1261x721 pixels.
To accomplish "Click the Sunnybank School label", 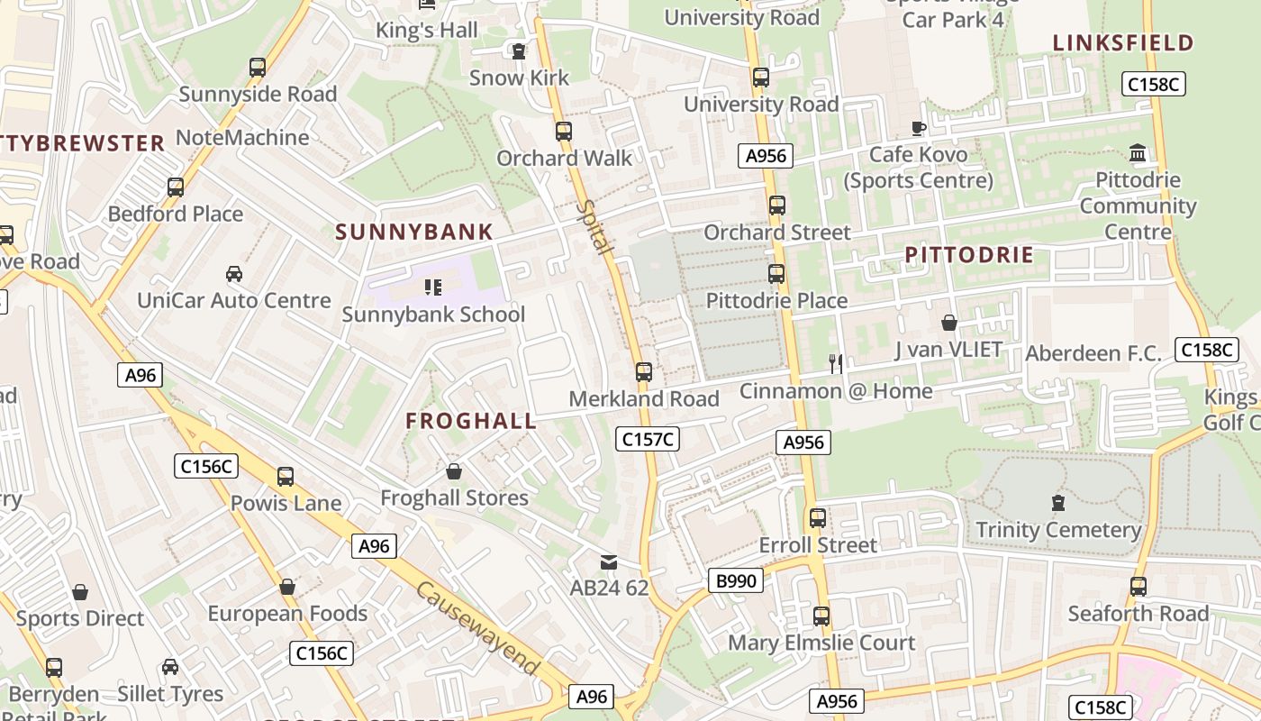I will coord(433,315).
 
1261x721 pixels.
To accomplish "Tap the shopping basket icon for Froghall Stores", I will coord(454,471).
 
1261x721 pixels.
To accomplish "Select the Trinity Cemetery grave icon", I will coord(1058,503).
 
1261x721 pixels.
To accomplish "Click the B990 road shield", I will coord(735,580).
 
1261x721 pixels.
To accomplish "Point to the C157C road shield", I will coord(648,439).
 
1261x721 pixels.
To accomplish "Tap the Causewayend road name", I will coord(477,628).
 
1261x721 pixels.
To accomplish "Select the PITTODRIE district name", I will coord(969,255).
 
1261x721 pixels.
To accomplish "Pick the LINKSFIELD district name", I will coord(1122,42).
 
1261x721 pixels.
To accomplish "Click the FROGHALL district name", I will coord(471,421).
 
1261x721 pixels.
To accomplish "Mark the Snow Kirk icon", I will coord(518,51).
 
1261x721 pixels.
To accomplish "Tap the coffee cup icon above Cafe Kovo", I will coord(918,128).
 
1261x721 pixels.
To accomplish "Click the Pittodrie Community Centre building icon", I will coord(1138,153).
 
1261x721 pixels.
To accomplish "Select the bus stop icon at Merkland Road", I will coord(643,371).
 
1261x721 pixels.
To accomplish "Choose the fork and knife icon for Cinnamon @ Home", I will coord(836,363).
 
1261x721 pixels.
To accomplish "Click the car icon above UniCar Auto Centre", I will coord(233,273).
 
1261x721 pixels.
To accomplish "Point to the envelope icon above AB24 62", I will coord(609,562).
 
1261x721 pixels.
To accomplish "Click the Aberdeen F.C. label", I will coord(1093,353).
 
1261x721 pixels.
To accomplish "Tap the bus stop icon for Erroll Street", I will coord(817,518).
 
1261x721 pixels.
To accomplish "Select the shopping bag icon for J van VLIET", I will coord(948,323).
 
